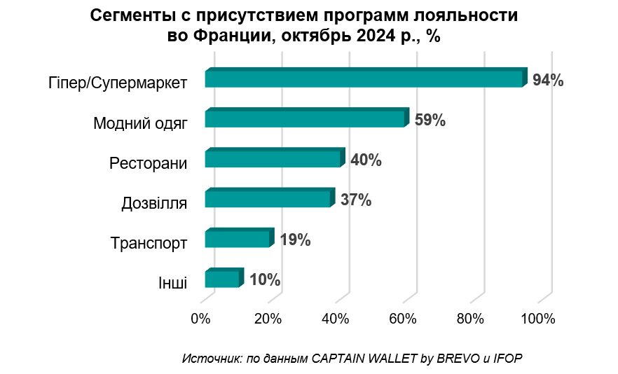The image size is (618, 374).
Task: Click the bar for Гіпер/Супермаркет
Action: pos(364,78)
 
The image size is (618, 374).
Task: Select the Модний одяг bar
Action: pos(305,118)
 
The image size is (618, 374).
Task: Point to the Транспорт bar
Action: pos(238,239)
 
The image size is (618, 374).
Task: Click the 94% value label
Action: pos(548,80)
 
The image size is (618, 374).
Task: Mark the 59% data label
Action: pos(430,120)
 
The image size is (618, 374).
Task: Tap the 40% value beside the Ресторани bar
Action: pos(366,160)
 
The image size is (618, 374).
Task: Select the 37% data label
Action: pos(355,200)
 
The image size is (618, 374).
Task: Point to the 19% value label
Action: pos(295,240)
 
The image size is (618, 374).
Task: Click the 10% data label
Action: pos(265,280)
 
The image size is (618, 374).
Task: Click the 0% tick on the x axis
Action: pos(200,319)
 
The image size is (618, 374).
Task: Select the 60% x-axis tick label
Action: pos(403,319)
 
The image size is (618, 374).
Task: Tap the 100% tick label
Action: pos(538,319)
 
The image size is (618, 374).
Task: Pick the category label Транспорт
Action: pos(149,244)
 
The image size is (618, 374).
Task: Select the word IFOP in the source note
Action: pos(508,358)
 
